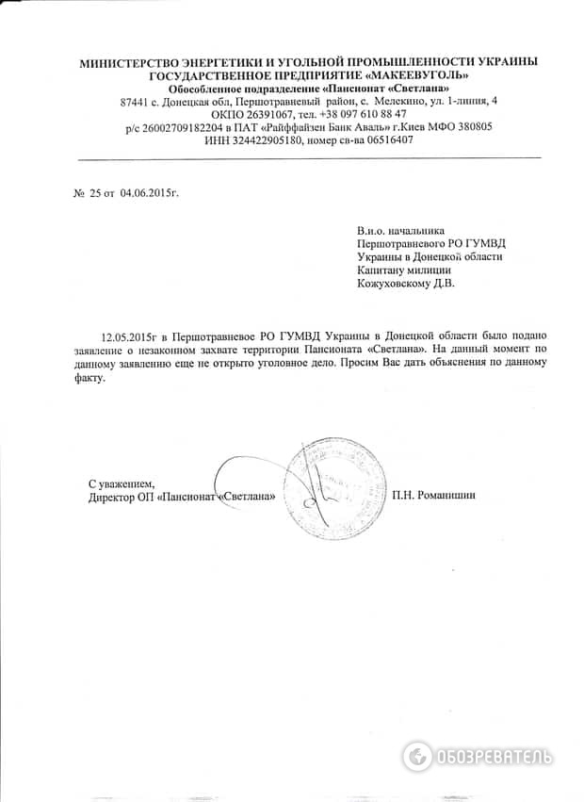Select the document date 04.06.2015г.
pyautogui.click(x=149, y=192)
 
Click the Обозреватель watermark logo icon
pyautogui.click(x=417, y=756)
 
